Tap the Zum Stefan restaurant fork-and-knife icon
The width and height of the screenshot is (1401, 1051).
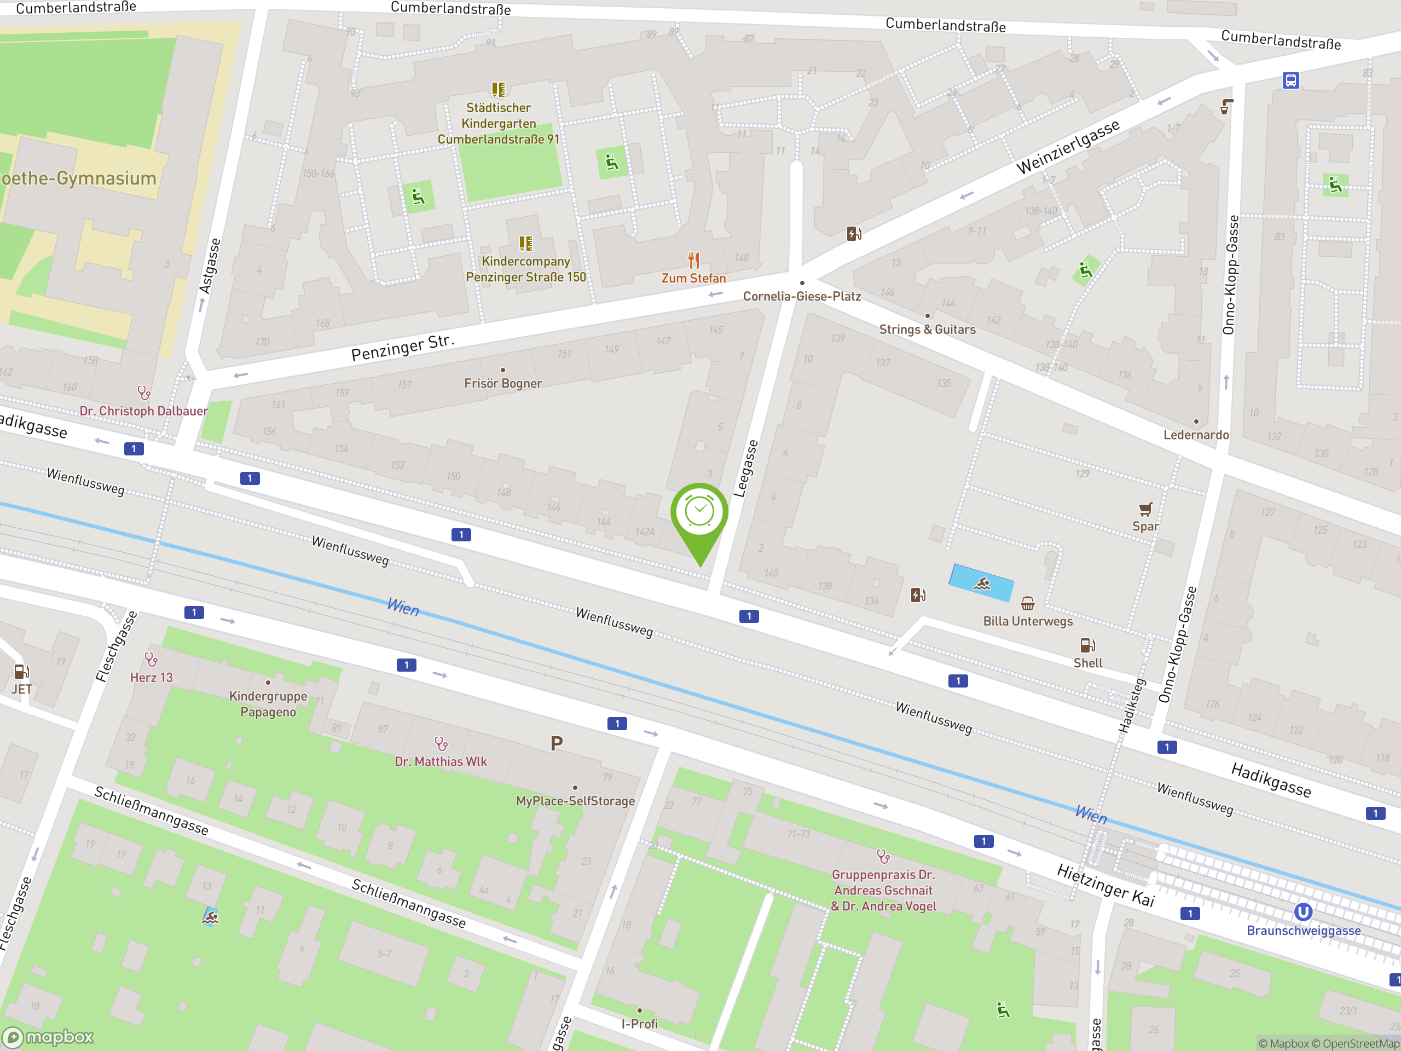pyautogui.click(x=693, y=261)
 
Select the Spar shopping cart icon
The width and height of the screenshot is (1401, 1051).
pyautogui.click(x=1145, y=509)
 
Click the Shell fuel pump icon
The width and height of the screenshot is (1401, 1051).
pyautogui.click(x=1087, y=645)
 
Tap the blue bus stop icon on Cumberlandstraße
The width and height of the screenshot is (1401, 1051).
pyautogui.click(x=1290, y=80)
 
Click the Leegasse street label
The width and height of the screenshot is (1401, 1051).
pyautogui.click(x=745, y=468)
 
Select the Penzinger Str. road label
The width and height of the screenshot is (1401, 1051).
pyautogui.click(x=403, y=347)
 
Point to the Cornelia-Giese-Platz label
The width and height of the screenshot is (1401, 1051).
pyautogui.click(x=802, y=296)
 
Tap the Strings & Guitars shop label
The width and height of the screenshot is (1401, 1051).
pyautogui.click(x=927, y=330)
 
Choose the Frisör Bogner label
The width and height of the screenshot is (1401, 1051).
pyautogui.click(x=503, y=383)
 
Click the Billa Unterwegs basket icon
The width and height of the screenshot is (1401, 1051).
pyautogui.click(x=1027, y=603)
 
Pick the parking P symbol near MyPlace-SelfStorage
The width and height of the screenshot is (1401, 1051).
pyautogui.click(x=557, y=743)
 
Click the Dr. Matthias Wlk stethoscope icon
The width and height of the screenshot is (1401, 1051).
pyautogui.click(x=441, y=743)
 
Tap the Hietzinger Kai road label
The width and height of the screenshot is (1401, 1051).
pyautogui.click(x=1106, y=886)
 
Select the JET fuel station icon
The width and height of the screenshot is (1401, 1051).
pyautogui.click(x=21, y=672)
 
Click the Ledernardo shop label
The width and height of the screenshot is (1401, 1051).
pyautogui.click(x=1196, y=435)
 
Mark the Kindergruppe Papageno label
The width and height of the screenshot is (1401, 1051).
pyautogui.click(x=268, y=704)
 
